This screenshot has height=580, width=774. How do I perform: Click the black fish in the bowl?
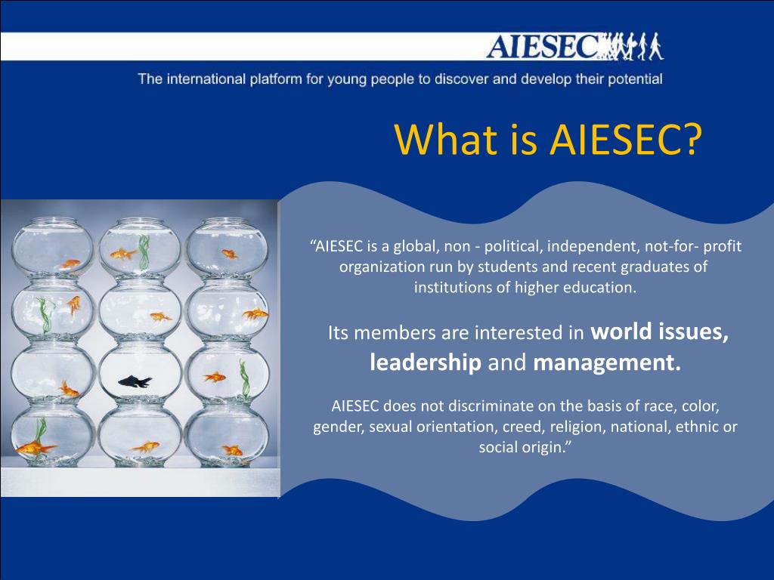tap(135, 381)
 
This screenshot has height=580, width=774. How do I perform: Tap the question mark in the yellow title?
tap(689, 139)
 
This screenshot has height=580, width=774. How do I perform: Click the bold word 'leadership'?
tap(426, 363)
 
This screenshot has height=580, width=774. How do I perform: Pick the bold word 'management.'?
tap(607, 363)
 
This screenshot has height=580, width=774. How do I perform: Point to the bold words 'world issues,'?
tap(659, 332)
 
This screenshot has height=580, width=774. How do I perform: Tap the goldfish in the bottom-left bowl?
tap(36, 448)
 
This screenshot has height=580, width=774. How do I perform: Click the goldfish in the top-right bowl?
tap(230, 254)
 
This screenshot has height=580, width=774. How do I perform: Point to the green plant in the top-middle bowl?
tap(144, 251)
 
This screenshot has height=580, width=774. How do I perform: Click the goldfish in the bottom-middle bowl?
tap(146, 448)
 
